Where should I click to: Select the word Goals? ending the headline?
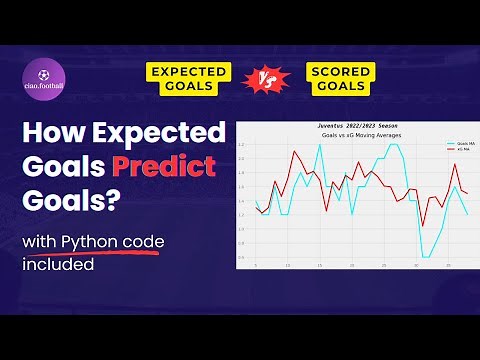coord(70,200)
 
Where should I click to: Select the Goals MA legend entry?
coord(459,143)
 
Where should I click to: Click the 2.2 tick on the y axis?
coord(241,144)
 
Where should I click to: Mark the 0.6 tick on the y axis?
coord(241,257)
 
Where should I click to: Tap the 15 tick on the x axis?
coord(319,266)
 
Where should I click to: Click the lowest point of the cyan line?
coord(425,257)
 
